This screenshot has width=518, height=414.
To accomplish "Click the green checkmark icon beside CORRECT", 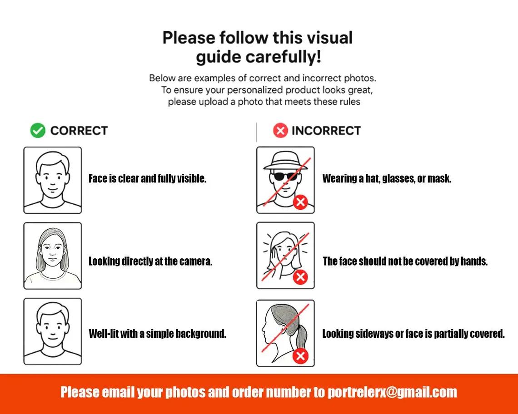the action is (x=38, y=130).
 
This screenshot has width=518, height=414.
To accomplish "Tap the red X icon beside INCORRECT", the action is (x=280, y=130).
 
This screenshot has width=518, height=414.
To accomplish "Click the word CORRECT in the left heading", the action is (x=79, y=131).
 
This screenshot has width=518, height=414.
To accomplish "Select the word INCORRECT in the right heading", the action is (x=326, y=131).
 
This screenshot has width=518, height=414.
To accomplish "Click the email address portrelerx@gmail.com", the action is (x=392, y=392).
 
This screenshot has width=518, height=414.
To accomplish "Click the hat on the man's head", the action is (x=285, y=161).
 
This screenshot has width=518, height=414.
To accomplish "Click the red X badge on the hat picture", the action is (x=300, y=202).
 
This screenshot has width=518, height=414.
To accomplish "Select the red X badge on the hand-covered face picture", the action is (x=300, y=277).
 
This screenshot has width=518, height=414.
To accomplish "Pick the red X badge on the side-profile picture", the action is (x=300, y=356).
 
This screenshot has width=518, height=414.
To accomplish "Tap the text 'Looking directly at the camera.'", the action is (x=150, y=261).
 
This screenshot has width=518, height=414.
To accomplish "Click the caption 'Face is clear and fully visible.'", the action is (x=147, y=178).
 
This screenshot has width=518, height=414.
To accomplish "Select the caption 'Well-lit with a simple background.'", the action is (x=158, y=334).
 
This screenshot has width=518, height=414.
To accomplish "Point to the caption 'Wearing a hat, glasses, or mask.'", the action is (x=387, y=178).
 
